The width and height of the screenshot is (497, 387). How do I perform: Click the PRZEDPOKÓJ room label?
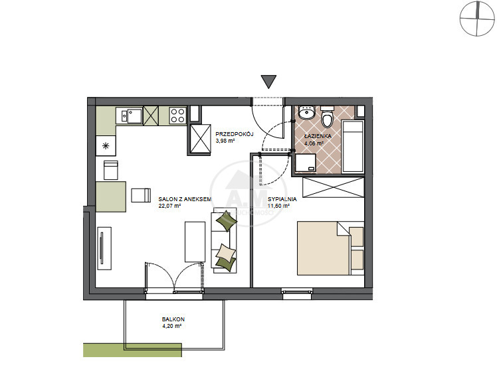235,134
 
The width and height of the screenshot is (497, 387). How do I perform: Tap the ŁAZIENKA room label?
318,136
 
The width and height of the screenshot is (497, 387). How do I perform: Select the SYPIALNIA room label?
282,199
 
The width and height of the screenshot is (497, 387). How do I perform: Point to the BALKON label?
173,319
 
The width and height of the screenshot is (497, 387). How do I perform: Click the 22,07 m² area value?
169,206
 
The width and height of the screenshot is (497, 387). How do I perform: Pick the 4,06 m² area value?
314,143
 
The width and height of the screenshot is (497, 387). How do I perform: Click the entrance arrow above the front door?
269,82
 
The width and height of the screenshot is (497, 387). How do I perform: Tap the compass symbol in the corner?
476,19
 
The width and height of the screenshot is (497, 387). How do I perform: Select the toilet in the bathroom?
328,116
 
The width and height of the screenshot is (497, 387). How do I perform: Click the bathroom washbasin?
306,112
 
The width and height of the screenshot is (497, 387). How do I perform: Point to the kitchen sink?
132,116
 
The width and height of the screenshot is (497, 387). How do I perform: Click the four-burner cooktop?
177,116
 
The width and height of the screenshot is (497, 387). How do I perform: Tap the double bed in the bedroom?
330,248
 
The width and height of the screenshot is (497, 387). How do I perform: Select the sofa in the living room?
224,240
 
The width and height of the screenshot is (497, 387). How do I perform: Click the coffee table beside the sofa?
195,242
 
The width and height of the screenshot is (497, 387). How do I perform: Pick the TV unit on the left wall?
104,248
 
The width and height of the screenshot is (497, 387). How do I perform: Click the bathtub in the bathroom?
352,146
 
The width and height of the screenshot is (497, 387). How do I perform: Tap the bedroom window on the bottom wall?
297,293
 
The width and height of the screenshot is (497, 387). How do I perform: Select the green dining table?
111,196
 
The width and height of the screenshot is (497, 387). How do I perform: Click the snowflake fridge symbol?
106,146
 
